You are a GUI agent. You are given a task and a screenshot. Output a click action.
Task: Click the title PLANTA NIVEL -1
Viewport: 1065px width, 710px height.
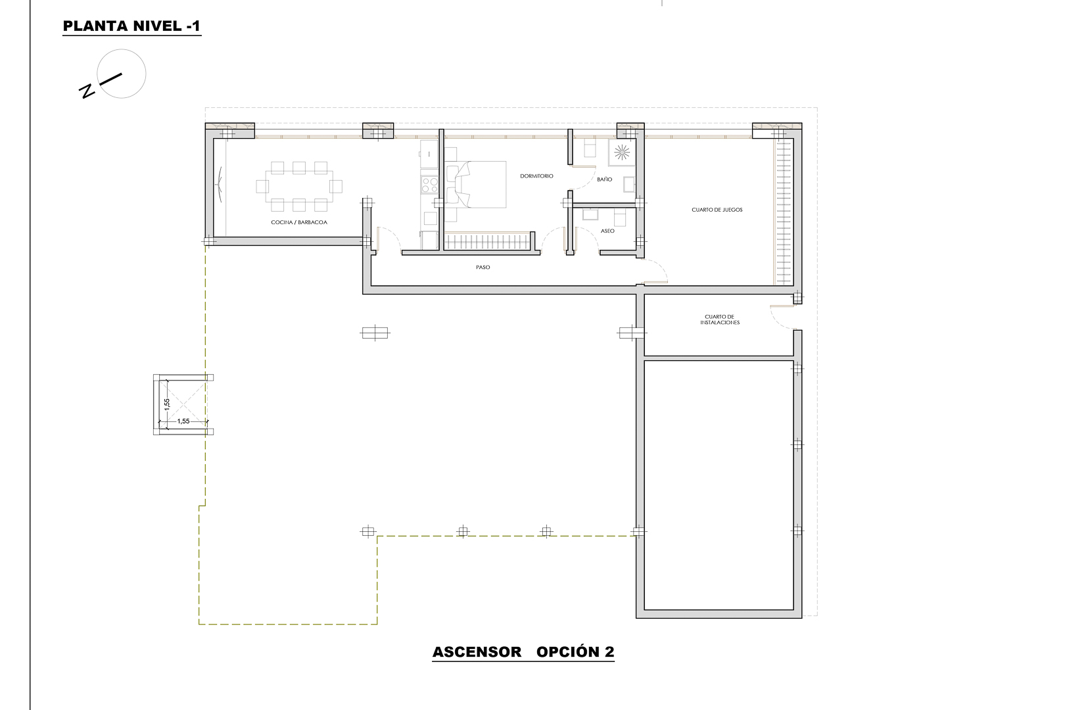[131, 27]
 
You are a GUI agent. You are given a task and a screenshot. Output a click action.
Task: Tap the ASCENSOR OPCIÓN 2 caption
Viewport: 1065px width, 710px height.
[523, 652]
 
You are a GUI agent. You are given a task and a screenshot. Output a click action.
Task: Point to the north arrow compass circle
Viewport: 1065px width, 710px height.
[121, 74]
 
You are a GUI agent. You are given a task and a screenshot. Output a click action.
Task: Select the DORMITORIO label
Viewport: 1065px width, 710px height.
[536, 176]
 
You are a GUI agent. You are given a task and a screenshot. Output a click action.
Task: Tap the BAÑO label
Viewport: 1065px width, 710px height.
[605, 179]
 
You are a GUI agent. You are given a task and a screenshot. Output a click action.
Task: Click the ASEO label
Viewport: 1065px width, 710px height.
[607, 231]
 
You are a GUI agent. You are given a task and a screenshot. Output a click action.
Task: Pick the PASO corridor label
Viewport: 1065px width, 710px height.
[483, 268]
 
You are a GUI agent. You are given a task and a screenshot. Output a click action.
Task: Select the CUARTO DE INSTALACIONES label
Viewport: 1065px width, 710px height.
[720, 320]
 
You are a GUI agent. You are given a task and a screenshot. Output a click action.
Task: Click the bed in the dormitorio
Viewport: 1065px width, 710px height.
[477, 185]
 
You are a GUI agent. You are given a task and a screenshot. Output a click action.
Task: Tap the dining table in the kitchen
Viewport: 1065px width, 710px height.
[299, 185]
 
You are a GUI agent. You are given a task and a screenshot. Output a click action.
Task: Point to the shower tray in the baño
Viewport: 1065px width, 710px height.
[621, 153]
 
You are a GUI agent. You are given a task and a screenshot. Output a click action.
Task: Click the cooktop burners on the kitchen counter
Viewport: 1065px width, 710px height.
[429, 185]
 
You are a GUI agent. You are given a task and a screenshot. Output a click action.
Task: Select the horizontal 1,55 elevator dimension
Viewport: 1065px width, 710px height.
[183, 421]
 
